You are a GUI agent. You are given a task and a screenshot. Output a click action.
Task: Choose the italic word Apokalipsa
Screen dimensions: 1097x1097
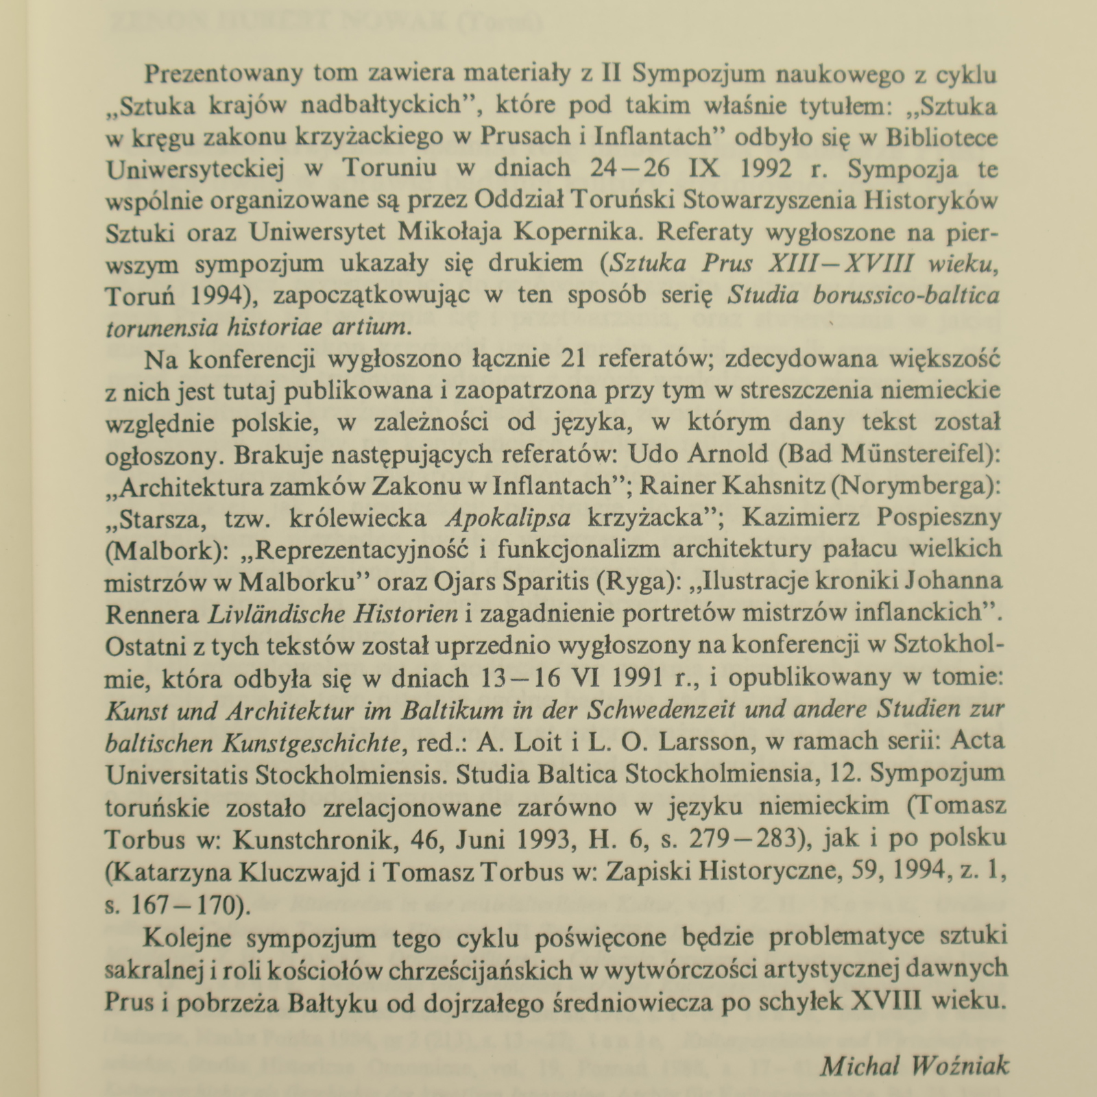(507, 518)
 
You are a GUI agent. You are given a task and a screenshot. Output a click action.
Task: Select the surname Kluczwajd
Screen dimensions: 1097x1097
(296, 871)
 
